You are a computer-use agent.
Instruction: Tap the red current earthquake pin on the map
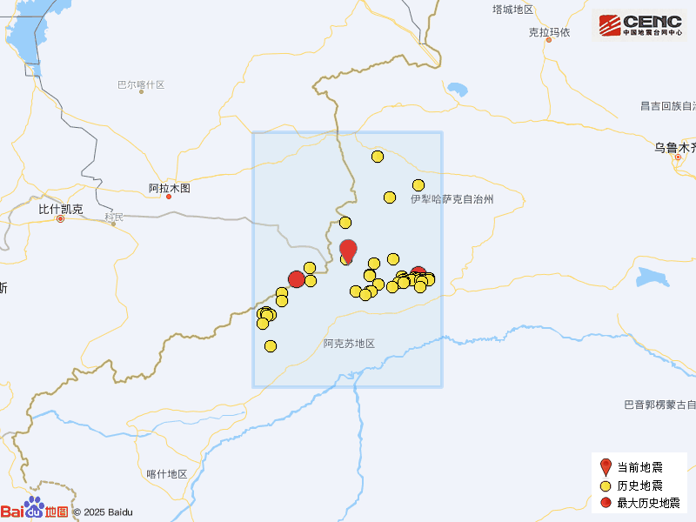coord(348,250)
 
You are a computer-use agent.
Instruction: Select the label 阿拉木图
coord(169,188)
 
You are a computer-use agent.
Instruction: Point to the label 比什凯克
coord(61,210)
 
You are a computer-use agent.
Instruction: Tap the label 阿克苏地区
coord(348,344)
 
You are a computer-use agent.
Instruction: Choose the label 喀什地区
coord(167,474)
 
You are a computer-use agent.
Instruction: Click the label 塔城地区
coord(512,10)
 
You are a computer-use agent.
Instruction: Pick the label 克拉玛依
coord(549,32)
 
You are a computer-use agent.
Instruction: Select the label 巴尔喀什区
coord(141,85)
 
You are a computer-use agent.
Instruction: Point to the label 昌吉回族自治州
coord(668,106)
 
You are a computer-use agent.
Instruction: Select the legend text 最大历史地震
coord(648,503)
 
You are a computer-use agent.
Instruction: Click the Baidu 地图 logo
coord(35,510)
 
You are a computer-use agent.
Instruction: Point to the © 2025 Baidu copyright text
coord(103,512)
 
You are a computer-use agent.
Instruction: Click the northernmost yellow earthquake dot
coord(378,157)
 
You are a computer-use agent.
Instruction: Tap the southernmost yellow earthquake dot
coord(271,346)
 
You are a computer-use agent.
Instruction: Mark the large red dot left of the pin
coord(296,279)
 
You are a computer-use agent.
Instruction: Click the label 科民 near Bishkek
coord(114,217)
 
